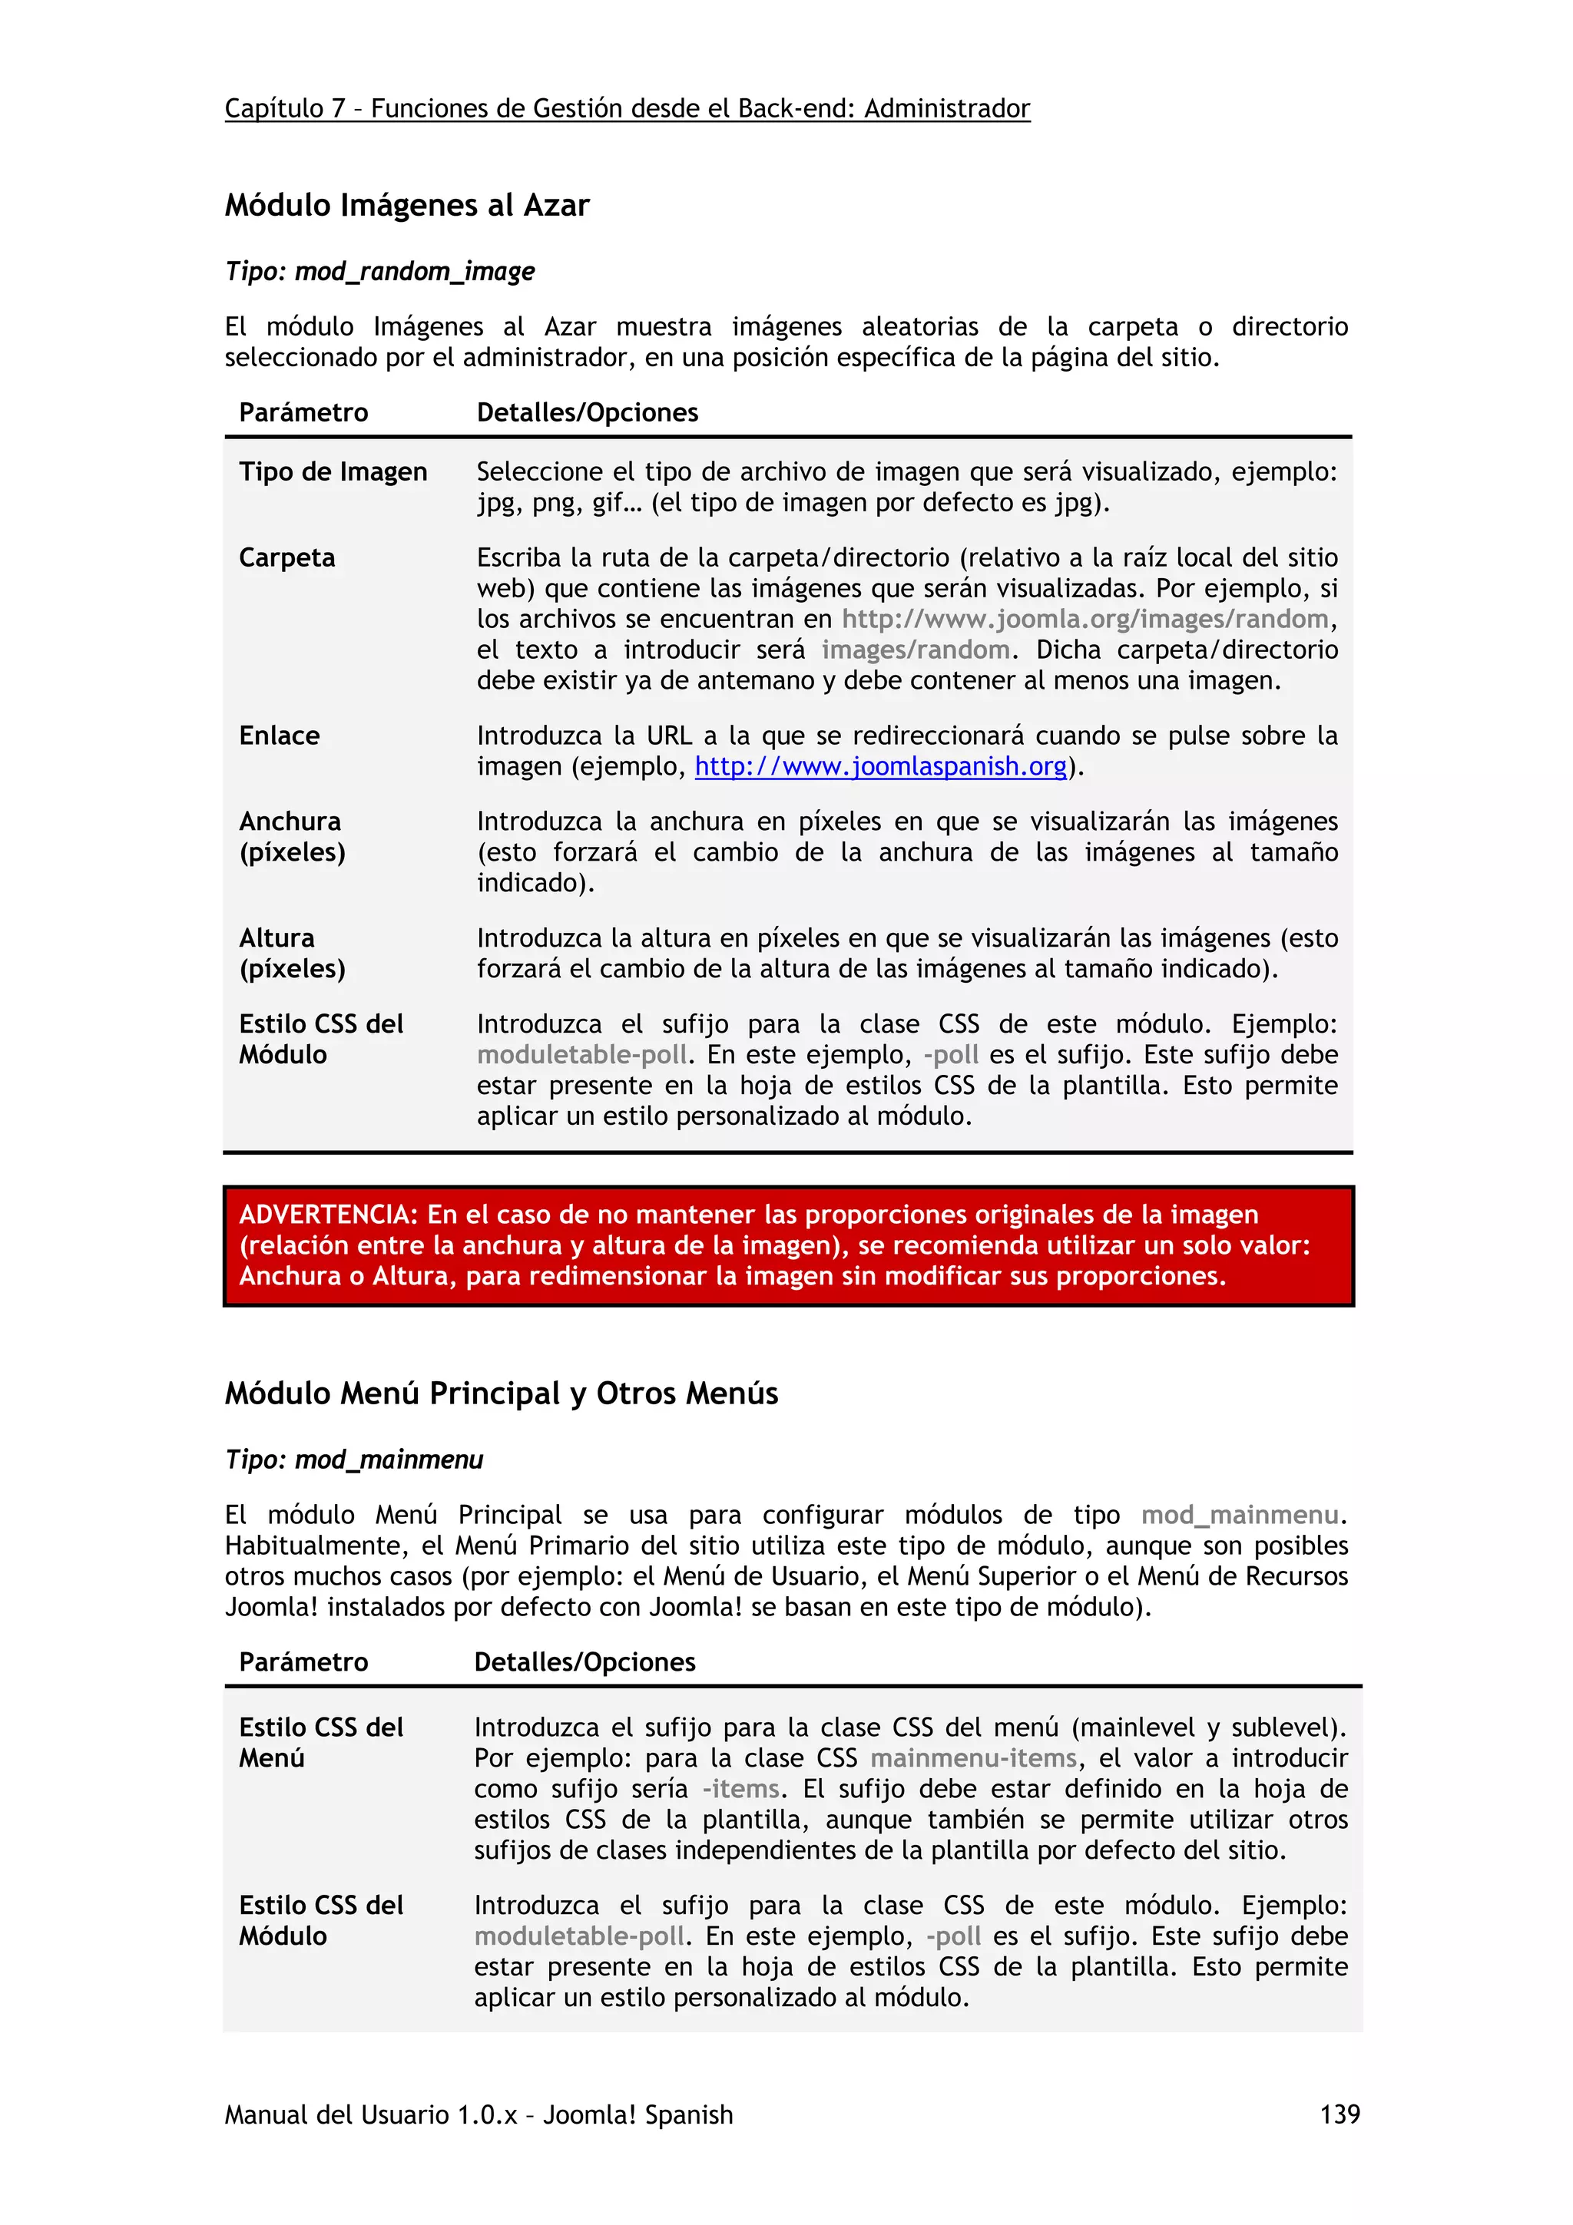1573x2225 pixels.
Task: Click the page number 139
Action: tap(1339, 2114)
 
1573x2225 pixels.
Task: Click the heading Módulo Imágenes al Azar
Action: tap(407, 206)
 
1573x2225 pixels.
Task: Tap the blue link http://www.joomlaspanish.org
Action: tap(880, 766)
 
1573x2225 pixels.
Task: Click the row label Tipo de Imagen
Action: tap(333, 472)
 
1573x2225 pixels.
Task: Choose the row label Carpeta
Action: tap(287, 558)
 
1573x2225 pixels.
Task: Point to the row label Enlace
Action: tap(279, 736)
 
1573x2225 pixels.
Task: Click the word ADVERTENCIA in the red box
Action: tap(326, 1215)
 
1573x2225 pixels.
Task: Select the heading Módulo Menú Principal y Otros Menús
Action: tap(501, 1394)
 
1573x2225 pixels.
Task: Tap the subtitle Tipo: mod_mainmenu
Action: tap(354, 1460)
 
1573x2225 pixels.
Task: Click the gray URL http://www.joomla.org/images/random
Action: tap(1085, 620)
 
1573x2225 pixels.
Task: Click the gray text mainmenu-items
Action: tap(973, 1758)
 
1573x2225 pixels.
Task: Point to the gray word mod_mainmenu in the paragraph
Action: tap(1240, 1515)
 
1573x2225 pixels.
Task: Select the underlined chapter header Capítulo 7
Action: tap(285, 108)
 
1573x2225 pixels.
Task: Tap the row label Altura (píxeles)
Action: tap(291, 953)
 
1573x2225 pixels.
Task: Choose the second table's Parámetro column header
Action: tap(303, 1662)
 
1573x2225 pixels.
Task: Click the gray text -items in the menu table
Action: tap(740, 1789)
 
